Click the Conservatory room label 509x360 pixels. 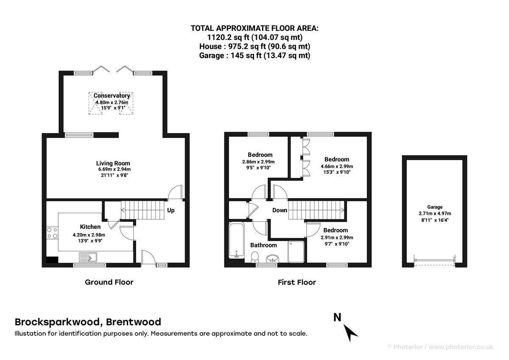click(x=112, y=96)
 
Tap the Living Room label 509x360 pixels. click(x=113, y=163)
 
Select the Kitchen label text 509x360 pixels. click(x=90, y=227)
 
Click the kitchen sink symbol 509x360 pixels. click(x=88, y=257)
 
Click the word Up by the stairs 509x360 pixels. click(x=171, y=210)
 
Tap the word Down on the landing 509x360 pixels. click(x=280, y=210)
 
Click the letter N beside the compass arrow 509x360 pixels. click(x=337, y=317)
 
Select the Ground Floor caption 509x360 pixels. click(x=109, y=282)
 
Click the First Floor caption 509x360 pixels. click(x=297, y=282)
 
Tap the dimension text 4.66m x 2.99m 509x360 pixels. click(x=337, y=166)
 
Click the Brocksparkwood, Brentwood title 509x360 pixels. click(x=88, y=322)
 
